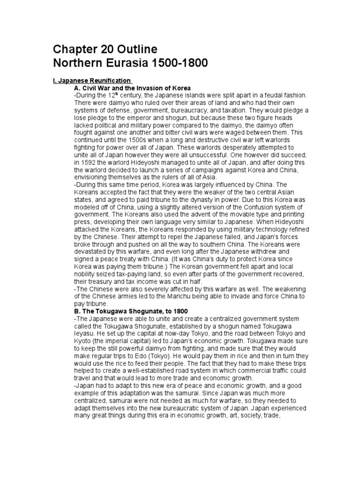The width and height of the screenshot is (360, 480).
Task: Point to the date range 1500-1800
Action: click(168, 63)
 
